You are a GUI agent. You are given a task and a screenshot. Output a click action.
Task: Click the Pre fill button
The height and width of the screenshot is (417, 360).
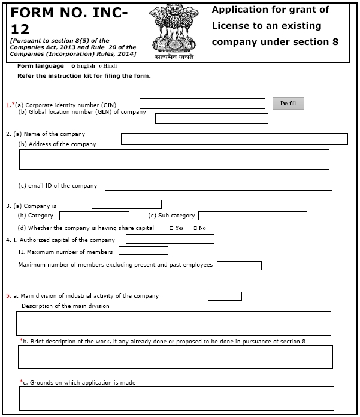tap(288, 104)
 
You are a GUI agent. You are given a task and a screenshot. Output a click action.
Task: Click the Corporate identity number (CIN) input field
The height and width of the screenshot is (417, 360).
tap(202, 104)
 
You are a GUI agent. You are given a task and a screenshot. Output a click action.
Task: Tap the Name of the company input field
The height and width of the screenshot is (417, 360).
tap(234, 139)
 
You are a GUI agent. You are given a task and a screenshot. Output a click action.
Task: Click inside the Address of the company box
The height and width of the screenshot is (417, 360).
tap(174, 159)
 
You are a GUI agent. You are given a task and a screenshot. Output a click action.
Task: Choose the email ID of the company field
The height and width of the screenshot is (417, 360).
tap(219, 186)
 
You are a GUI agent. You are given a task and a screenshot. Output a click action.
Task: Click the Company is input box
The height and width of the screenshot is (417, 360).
tap(126, 204)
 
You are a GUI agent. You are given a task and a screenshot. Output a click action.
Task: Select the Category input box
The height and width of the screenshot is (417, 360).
tap(94, 216)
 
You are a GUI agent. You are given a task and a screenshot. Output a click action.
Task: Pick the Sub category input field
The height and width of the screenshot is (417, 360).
tap(252, 216)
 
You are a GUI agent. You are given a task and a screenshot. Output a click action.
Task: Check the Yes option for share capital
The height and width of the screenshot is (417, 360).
tap(172, 228)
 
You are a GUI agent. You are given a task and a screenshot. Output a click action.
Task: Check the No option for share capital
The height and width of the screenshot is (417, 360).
tap(195, 228)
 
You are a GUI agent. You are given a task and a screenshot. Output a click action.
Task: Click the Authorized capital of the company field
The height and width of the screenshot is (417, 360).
tap(170, 239)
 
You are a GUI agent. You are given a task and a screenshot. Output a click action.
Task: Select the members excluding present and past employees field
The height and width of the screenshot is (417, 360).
tap(239, 265)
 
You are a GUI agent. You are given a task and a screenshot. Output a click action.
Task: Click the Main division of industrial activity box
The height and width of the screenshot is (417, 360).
tap(225, 296)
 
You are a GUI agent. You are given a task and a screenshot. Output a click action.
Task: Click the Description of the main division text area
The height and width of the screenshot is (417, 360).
tap(174, 322)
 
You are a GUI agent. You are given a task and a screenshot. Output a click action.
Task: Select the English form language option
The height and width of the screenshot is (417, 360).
tap(73, 66)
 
